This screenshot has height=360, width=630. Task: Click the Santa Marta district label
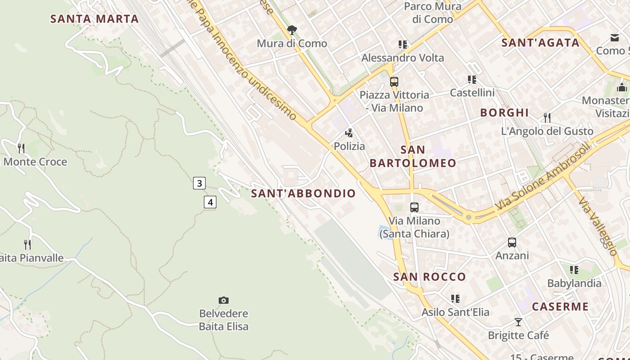click(94, 19)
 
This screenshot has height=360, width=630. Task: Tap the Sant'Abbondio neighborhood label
click(303, 193)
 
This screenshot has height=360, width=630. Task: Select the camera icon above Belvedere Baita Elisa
click(224, 300)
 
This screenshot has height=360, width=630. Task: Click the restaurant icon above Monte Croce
click(21, 148)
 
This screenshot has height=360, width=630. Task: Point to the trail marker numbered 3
click(199, 183)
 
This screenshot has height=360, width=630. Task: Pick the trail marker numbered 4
click(210, 202)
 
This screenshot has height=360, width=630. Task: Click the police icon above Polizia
click(349, 133)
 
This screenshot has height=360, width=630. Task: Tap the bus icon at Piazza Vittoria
click(394, 82)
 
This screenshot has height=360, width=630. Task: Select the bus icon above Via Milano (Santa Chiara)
click(414, 207)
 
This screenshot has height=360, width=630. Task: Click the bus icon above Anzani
click(512, 243)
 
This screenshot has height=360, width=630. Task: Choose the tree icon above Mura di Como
click(292, 30)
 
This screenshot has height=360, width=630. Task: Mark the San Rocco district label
click(429, 277)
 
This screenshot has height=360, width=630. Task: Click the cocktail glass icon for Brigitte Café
click(518, 322)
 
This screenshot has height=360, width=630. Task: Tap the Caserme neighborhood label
click(560, 307)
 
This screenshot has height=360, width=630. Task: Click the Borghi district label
click(504, 113)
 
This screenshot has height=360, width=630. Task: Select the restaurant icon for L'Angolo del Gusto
click(547, 118)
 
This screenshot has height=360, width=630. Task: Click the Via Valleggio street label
click(598, 226)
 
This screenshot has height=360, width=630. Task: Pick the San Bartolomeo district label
click(413, 156)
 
